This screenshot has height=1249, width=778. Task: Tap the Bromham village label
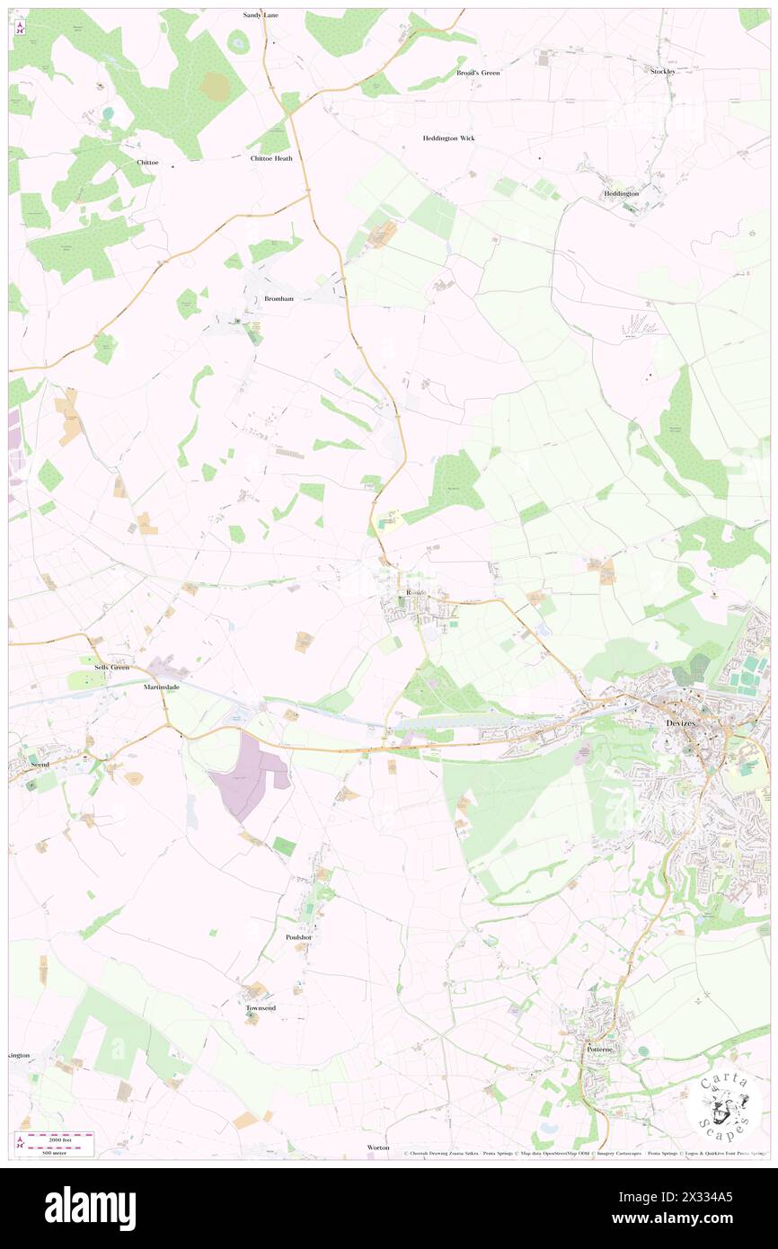(x=279, y=298)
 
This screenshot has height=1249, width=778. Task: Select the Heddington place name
(x=622, y=193)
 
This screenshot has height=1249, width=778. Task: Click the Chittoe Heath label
(x=271, y=158)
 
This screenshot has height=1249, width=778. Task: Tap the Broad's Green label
(x=478, y=72)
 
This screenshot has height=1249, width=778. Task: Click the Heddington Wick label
(x=449, y=138)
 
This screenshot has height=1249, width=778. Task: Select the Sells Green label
(x=113, y=667)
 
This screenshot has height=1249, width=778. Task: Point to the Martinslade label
(x=162, y=687)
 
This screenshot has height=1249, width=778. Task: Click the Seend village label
(x=40, y=763)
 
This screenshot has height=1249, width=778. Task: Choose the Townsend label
(x=261, y=1008)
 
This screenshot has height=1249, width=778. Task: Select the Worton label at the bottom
(x=378, y=1147)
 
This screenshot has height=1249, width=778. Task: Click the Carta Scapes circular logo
(x=724, y=1105)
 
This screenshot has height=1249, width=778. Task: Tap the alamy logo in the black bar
(x=90, y=1209)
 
